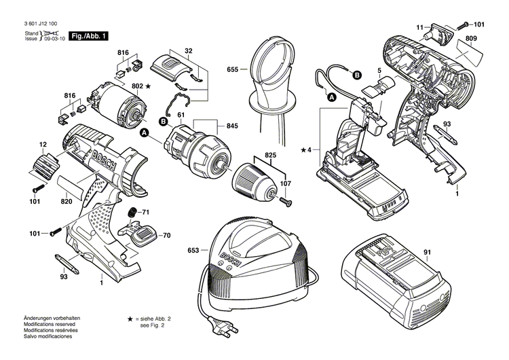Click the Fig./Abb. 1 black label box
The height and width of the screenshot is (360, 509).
coord(90,36)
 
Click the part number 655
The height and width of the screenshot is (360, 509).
coord(233,69)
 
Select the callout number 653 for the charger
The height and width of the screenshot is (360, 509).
coord(193,251)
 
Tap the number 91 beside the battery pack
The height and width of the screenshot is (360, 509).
coord(427,253)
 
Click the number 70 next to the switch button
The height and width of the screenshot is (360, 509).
coord(166,236)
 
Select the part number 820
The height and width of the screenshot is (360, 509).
coord(66,202)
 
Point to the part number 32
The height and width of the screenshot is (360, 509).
coord(189,51)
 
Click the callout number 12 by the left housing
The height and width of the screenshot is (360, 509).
coord(43,144)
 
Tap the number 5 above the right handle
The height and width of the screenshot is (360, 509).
coord(379,70)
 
